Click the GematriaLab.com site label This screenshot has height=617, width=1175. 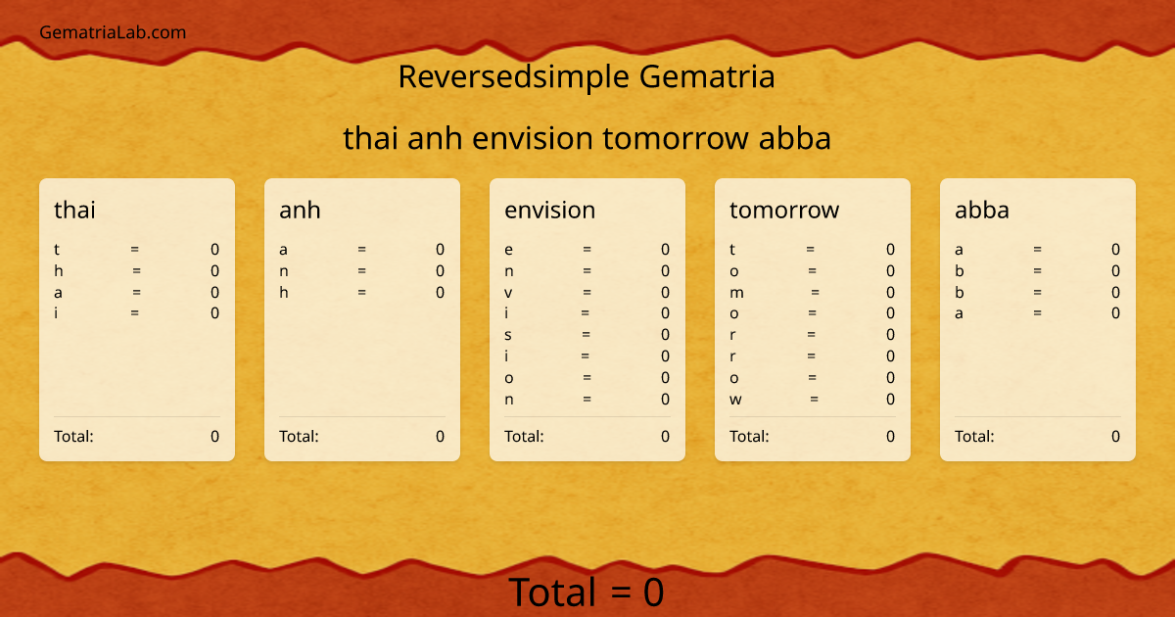(113, 32)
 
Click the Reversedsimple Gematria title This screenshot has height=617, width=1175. (587, 76)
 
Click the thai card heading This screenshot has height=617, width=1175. (74, 210)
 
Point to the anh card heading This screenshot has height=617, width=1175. (300, 210)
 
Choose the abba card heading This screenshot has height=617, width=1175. (981, 210)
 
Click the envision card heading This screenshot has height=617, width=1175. (549, 210)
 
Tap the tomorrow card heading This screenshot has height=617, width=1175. (783, 210)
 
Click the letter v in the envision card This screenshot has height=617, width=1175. (508, 293)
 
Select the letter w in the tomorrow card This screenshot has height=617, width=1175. (735, 400)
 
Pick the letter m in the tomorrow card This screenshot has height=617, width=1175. (736, 293)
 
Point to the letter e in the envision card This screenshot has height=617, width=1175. (508, 250)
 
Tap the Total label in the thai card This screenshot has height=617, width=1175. (73, 437)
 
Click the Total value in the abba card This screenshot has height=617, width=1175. (1115, 437)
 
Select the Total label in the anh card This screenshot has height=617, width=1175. (299, 437)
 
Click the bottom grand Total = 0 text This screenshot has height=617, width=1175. (587, 593)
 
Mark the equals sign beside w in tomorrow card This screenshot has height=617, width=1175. (814, 400)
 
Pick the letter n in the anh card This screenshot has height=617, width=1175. (283, 271)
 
